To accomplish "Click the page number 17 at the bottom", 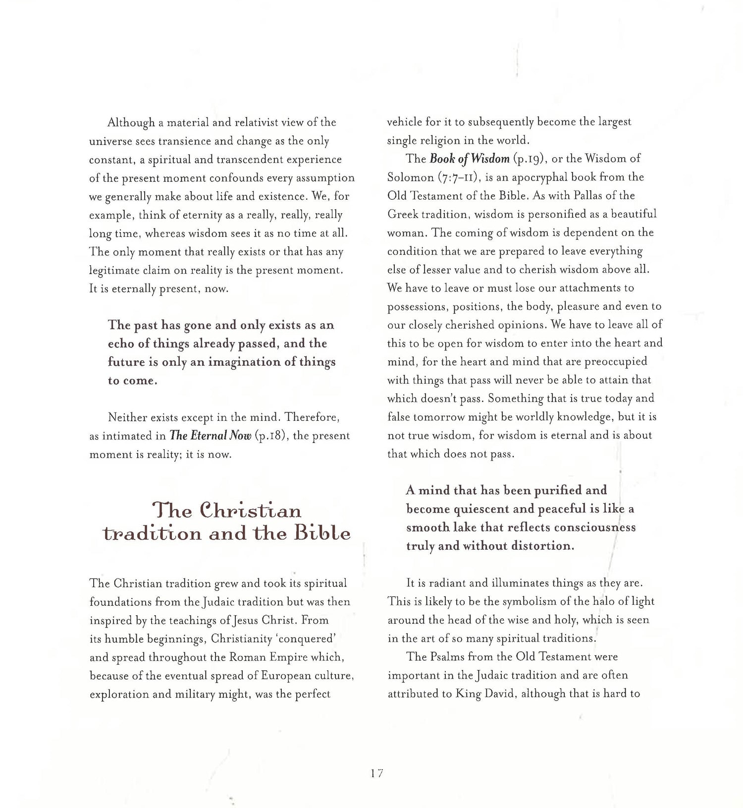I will point(376,773).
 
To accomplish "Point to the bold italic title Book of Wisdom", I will point(470,159).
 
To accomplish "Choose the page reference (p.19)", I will point(528,159).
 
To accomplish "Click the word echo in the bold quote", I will point(121,344).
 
